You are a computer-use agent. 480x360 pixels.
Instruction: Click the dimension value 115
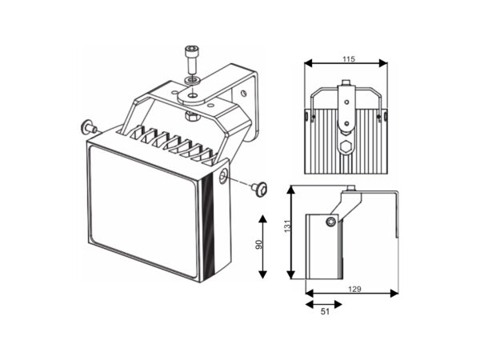click(x=347, y=59)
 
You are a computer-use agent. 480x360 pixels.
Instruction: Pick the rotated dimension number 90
click(x=258, y=246)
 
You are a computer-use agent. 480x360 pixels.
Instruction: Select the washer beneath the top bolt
click(x=190, y=80)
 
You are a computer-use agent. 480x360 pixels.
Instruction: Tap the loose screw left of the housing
click(x=88, y=127)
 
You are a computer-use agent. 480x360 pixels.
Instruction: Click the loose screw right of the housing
click(x=258, y=188)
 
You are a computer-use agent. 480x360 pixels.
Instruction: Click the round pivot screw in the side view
click(x=330, y=222)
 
